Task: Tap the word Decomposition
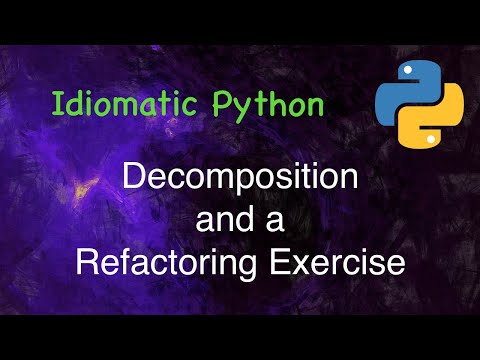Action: point(240,182)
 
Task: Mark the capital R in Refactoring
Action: point(87,263)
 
